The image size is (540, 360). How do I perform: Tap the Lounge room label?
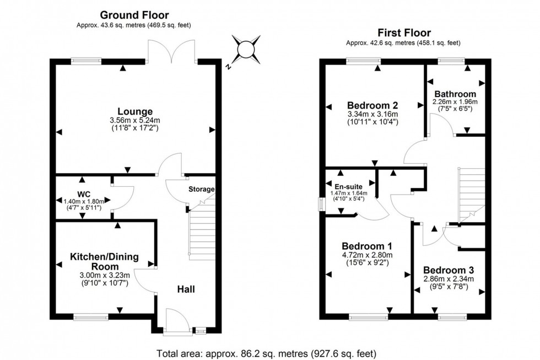134,111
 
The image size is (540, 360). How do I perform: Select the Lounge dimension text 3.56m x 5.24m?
134,121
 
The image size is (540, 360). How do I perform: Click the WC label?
84,194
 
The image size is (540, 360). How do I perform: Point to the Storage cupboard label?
202,189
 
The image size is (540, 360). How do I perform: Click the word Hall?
186,289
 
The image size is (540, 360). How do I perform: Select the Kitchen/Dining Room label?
104,261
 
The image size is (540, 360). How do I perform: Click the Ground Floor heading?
134,15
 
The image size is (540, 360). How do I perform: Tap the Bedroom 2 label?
372,105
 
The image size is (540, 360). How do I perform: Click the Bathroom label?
455,94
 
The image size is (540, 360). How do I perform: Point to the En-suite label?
349,186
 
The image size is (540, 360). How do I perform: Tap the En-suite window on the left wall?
322,203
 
